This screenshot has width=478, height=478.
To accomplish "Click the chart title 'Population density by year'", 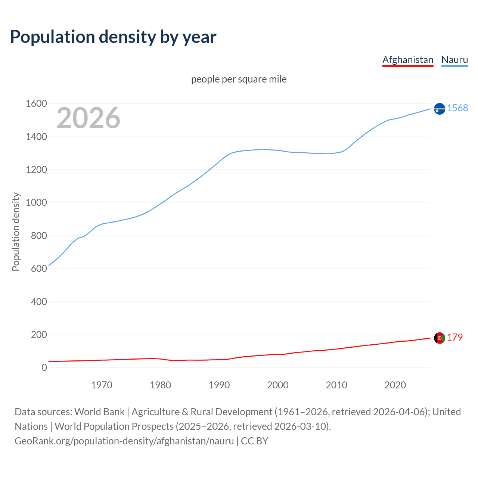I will [113, 37].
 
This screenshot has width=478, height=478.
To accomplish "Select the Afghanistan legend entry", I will [407, 60].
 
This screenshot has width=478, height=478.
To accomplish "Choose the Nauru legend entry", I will [454, 60].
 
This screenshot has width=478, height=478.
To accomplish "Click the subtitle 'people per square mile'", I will [239, 79].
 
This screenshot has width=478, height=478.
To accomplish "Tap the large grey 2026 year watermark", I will [89, 118].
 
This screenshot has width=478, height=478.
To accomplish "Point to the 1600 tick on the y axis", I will [36, 104].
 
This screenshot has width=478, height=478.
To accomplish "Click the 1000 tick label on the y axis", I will [36, 203].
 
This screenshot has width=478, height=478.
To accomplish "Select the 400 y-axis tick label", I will [39, 302].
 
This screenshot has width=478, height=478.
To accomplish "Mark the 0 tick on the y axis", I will [44, 368].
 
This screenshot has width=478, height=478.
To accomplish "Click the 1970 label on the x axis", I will [102, 385].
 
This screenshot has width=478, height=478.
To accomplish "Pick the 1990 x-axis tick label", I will [219, 385].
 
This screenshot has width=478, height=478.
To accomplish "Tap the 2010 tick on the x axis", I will [336, 385].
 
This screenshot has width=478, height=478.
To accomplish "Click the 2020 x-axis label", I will [395, 385].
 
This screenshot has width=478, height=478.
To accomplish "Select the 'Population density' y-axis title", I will [16, 232].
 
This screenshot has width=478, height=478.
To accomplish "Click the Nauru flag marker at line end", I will [440, 109].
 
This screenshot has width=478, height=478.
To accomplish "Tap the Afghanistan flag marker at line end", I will [440, 338].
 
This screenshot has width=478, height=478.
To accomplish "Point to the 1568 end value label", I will [457, 108].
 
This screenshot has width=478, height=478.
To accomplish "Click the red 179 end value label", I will [455, 337].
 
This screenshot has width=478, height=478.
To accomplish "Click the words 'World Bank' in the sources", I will [99, 412].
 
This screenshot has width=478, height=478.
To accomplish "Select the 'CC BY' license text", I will [255, 441].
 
